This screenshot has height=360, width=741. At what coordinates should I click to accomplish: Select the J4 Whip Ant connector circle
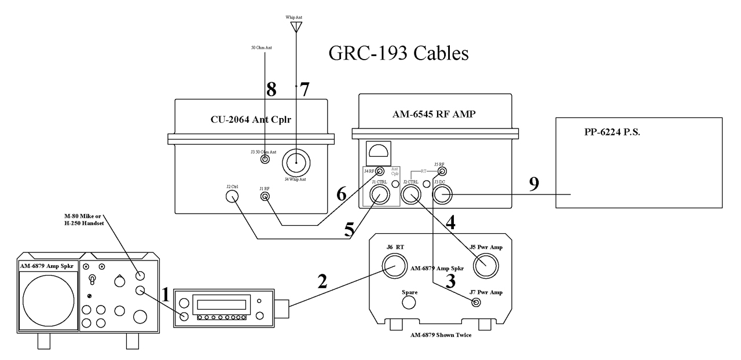[x=296, y=163]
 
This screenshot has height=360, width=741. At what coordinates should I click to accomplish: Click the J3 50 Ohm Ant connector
[x=265, y=160]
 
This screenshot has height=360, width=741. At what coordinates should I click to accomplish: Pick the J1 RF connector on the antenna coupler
[x=265, y=197]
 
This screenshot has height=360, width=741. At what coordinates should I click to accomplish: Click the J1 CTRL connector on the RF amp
[x=378, y=197]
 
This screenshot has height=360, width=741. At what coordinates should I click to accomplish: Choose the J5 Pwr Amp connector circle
[x=486, y=268]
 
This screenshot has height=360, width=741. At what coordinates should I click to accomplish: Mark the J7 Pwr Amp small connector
[x=476, y=302]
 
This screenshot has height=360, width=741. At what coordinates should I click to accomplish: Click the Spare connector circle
[x=410, y=304]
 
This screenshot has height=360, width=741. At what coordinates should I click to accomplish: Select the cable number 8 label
[x=271, y=89]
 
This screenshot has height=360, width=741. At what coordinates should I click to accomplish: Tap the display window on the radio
[x=222, y=304]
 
